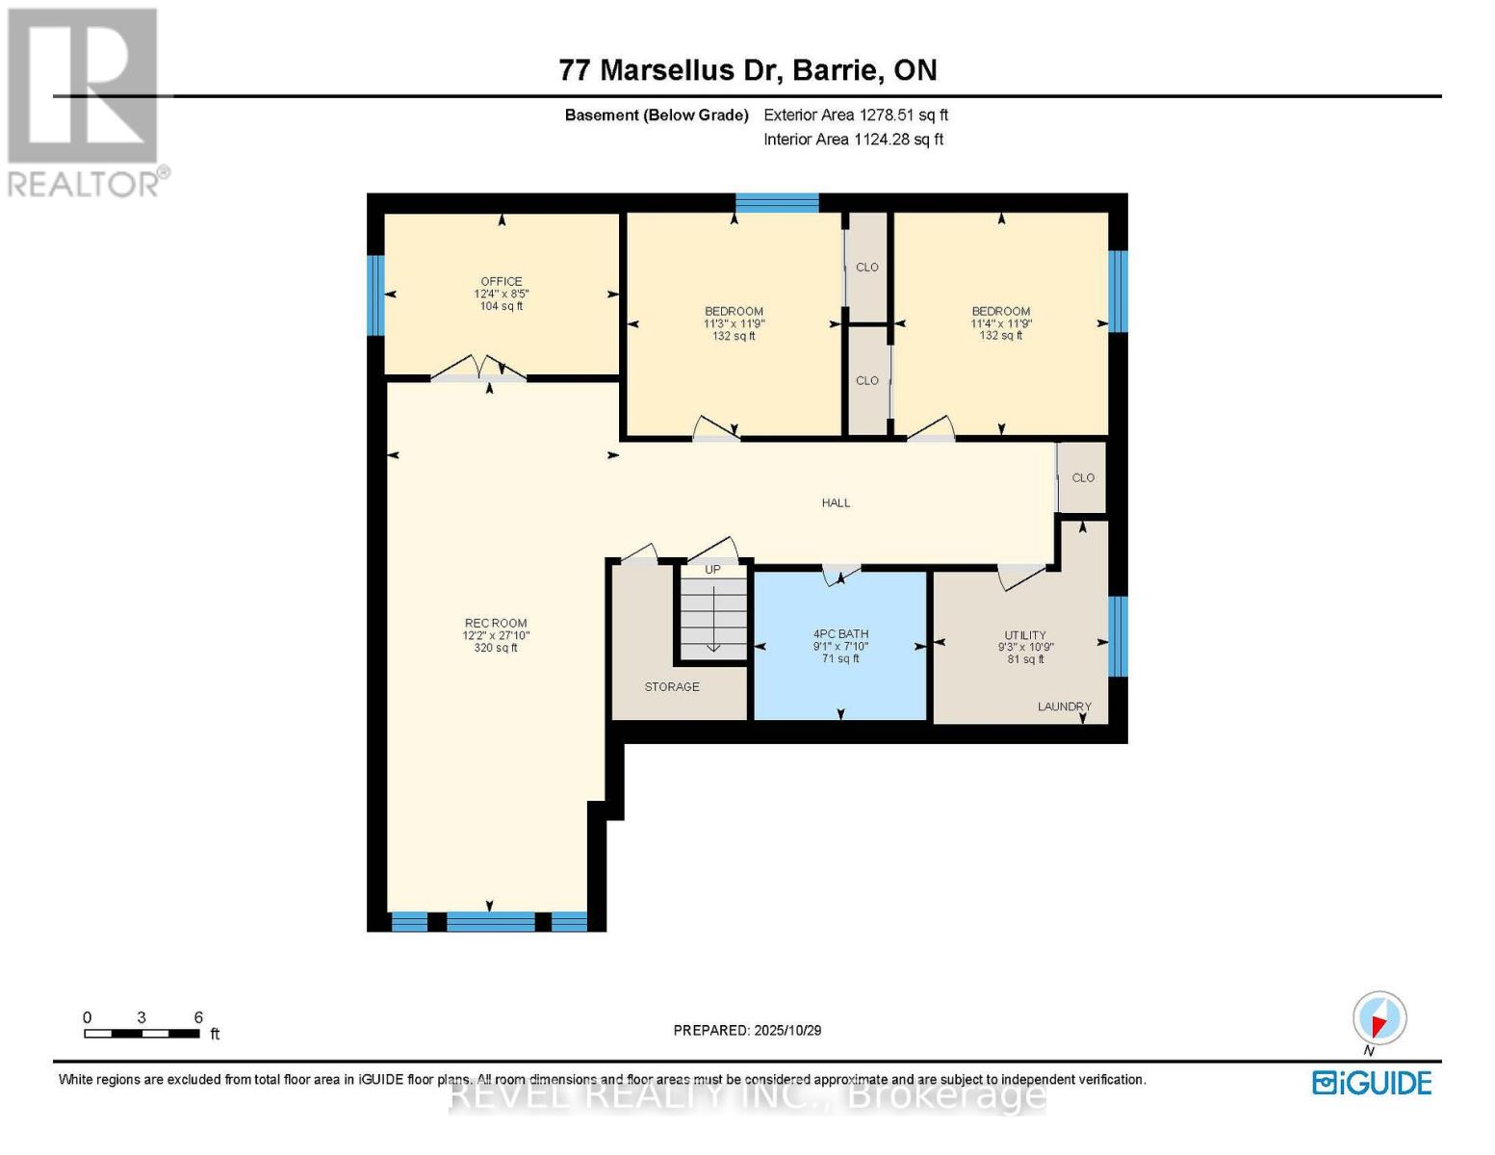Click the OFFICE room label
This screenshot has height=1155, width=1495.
point(502,282)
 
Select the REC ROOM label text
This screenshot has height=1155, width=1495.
point(496,624)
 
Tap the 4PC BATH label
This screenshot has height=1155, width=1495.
point(840,634)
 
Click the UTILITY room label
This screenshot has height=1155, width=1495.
point(1025,635)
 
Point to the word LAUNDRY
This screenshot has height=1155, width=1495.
point(1064,706)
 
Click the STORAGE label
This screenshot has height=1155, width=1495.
point(672,687)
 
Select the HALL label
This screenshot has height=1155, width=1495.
point(836,503)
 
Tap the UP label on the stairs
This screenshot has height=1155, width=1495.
point(712,570)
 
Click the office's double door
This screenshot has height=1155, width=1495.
point(478,370)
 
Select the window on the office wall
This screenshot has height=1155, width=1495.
point(375,295)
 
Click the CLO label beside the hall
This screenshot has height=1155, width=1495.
point(1083,478)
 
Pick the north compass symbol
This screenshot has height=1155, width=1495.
point(1379,1018)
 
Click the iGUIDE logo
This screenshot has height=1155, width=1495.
point(1372,1083)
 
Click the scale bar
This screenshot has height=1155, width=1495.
point(142,1034)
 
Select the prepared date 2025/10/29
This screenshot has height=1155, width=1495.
point(747,1031)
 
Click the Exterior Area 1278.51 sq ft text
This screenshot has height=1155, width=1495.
point(856,115)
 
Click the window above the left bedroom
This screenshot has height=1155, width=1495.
point(777,202)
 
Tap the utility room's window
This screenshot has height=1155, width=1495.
point(1118,636)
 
